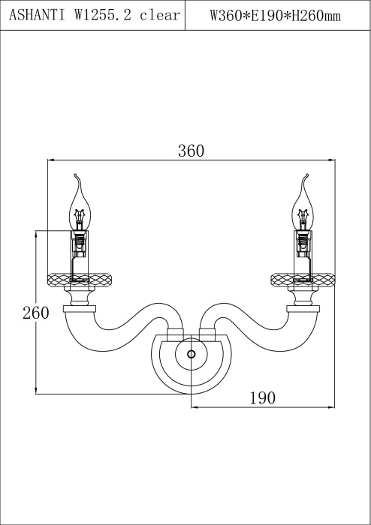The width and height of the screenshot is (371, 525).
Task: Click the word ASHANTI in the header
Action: pyautogui.click(x=38, y=16)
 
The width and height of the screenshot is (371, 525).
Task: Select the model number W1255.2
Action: pyautogui.click(x=103, y=16)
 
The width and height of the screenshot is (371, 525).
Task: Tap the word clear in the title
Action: pyautogui.click(x=160, y=16)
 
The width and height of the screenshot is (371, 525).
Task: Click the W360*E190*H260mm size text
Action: pyautogui.click(x=275, y=16)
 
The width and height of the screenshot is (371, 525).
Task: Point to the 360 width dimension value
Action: pyautogui.click(x=191, y=151)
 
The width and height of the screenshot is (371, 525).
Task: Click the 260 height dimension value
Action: pyautogui.click(x=36, y=313)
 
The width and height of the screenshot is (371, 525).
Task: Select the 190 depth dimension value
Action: pyautogui.click(x=263, y=398)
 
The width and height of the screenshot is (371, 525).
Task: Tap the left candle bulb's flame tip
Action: pyautogui.click(x=75, y=175)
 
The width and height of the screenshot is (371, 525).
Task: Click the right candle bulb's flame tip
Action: pyautogui.click(x=307, y=175)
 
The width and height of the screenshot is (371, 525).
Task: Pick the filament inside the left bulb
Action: pyautogui.click(x=79, y=216)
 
